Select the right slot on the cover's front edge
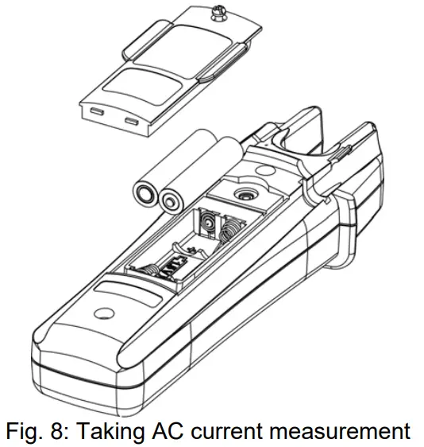point(130,124)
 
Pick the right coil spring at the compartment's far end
point(232,231)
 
